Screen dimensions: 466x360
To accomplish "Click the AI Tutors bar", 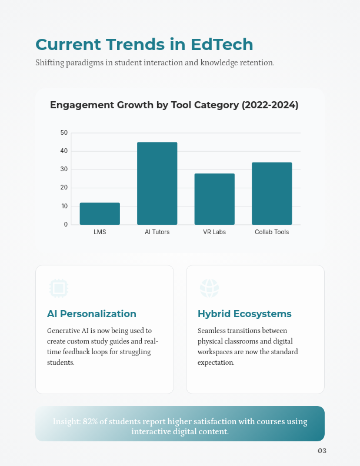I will pyautogui.click(x=157, y=183).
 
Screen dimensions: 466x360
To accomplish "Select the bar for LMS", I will pyautogui.click(x=100, y=214).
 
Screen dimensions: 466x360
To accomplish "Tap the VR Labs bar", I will pyautogui.click(x=214, y=199).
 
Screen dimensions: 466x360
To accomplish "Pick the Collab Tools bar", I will pyautogui.click(x=272, y=193).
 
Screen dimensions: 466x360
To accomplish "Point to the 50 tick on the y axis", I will pyautogui.click(x=64, y=132).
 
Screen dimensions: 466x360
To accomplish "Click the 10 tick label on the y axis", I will pyautogui.click(x=64, y=206).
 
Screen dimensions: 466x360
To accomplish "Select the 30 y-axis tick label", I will pyautogui.click(x=64, y=169).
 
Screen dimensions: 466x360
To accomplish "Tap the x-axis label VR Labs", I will pyautogui.click(x=214, y=232).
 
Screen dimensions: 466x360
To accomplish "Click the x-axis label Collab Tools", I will pyautogui.click(x=272, y=232).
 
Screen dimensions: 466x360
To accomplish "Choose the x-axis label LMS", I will pyautogui.click(x=100, y=232).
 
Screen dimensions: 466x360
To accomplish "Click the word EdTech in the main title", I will pyautogui.click(x=222, y=45).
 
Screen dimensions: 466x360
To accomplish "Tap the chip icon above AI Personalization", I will pyautogui.click(x=58, y=288).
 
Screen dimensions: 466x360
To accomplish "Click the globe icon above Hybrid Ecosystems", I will pyautogui.click(x=209, y=288).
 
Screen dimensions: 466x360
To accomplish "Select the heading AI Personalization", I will pyautogui.click(x=92, y=314).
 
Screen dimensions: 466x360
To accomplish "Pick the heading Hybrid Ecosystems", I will pyautogui.click(x=245, y=314).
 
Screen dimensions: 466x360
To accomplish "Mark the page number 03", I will pyautogui.click(x=322, y=451).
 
